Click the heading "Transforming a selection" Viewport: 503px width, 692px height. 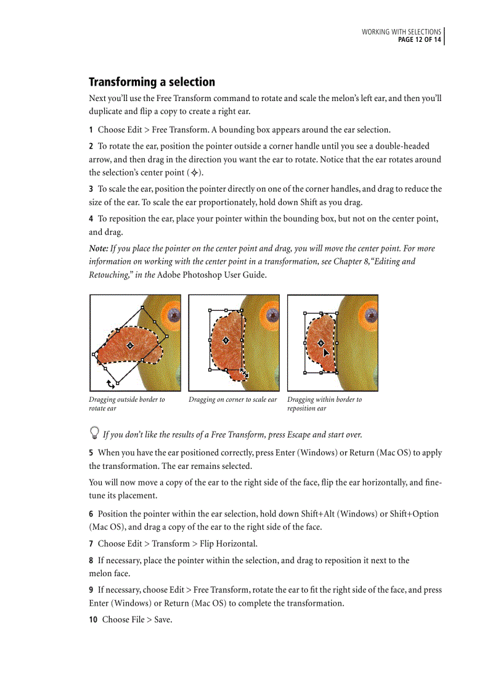click(x=152, y=82)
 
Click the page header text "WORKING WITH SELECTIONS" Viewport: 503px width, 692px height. click(x=401, y=32)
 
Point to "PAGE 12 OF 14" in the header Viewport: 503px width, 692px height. click(x=419, y=40)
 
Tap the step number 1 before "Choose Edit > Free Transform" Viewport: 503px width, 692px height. click(x=91, y=130)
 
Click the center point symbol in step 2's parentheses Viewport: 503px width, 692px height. click(x=195, y=173)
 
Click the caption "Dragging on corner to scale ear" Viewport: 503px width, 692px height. click(x=232, y=399)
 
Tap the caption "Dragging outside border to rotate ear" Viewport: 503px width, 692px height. click(x=126, y=404)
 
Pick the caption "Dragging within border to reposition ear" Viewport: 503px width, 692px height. click(x=324, y=404)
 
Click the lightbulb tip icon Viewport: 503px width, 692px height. click(x=94, y=434)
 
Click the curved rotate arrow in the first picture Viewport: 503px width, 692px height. click(x=111, y=384)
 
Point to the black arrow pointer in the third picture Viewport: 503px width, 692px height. click(x=326, y=353)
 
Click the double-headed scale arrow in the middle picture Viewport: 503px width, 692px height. click(x=244, y=373)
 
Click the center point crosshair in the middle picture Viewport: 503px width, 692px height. click(x=226, y=340)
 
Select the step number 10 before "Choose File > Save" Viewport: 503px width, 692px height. click(x=93, y=619)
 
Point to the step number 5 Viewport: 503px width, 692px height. click(x=91, y=453)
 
